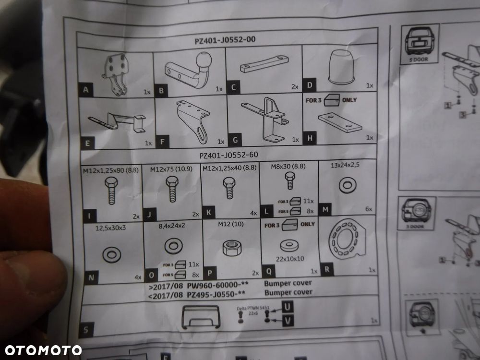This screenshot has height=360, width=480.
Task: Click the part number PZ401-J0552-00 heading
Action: (225, 41)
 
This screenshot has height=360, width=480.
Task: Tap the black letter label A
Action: (85, 90)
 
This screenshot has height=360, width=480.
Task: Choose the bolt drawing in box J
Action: (172, 191)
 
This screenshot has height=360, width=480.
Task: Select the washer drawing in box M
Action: (345, 186)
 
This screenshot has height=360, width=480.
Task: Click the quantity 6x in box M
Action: (368, 209)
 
